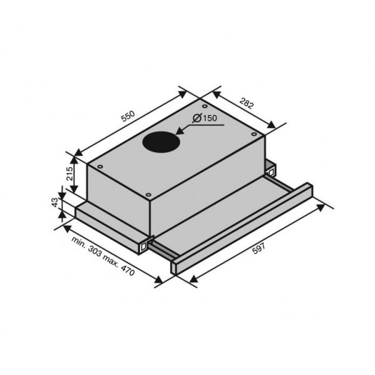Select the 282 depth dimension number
pyautogui.click(x=247, y=104)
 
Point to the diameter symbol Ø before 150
pyautogui.click(x=196, y=118)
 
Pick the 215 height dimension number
pyautogui.click(x=70, y=172)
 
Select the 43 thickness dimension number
pyautogui.click(x=55, y=203)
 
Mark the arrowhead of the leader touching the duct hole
pyautogui.click(x=179, y=132)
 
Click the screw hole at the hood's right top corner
pyautogui.click(x=254, y=132)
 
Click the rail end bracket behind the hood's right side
pyautogui.click(x=271, y=169)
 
